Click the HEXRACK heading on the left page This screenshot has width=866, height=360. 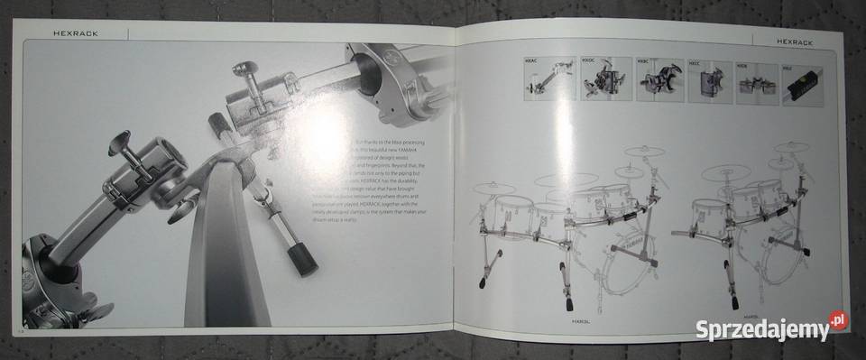pyautogui.click(x=75, y=33)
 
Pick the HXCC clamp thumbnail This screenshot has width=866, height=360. pyautogui.click(x=710, y=82)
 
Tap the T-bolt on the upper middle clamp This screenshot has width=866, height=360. pyautogui.click(x=245, y=72)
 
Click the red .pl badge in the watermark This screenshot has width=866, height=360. pyautogui.click(x=838, y=319)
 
